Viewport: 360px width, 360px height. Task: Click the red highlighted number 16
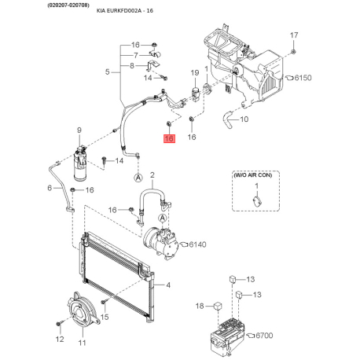pos(169,138)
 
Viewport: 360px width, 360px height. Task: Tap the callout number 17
pos(294,35)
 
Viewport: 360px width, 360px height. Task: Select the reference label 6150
pos(303,78)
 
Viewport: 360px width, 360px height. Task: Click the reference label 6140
pos(197,244)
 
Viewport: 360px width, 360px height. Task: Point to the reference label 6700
pos(264,336)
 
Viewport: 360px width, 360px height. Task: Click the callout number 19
pos(195,73)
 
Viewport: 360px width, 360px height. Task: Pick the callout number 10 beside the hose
pos(244,119)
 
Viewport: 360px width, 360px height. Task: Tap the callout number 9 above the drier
pos(79,130)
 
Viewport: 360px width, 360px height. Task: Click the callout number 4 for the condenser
pos(168,285)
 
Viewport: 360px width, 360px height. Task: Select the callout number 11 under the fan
pos(82,343)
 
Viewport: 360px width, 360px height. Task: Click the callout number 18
pos(200,306)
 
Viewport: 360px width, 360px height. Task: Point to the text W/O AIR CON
pos(252,175)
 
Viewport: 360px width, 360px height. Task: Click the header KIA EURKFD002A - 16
pos(125,11)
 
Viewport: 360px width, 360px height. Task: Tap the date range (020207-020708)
pos(68,5)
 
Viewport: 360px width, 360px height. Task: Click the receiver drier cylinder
pos(80,165)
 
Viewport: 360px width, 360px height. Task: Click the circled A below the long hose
pos(138,178)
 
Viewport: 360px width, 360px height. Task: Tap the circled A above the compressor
pos(163,218)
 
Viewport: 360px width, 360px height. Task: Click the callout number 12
pos(60,339)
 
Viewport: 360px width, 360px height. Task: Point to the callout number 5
pos(108,72)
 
